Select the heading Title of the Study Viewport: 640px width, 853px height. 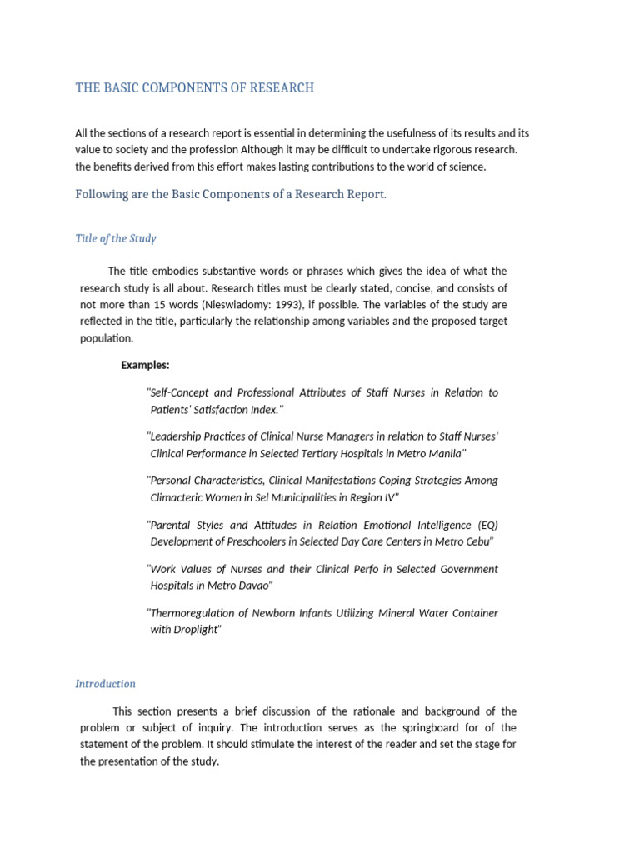click(116, 238)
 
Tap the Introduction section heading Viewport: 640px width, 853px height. click(105, 684)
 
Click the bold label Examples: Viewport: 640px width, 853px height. click(145, 365)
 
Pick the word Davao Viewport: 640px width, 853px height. click(253, 586)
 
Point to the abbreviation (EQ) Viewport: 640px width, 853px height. click(487, 525)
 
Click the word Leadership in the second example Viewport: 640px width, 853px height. click(177, 436)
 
